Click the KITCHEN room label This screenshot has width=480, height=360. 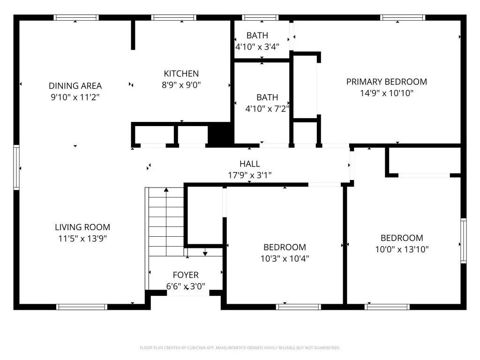[x=181, y=74]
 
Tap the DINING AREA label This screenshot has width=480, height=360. [x=75, y=86]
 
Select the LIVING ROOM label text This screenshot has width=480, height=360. [x=82, y=227]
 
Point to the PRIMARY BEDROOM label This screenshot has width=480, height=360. [x=387, y=82]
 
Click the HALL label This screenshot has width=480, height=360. [x=250, y=164]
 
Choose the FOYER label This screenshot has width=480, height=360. [x=186, y=275]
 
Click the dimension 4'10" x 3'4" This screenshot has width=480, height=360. [x=257, y=47]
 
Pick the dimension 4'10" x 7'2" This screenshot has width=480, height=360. [x=267, y=109]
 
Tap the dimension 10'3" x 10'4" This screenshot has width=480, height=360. [x=285, y=259]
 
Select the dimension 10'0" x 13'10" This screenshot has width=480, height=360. [x=402, y=249]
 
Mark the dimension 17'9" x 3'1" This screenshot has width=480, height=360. [x=250, y=175]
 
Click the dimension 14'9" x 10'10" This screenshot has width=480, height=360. [x=387, y=93]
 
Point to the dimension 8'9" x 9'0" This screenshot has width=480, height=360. [x=181, y=85]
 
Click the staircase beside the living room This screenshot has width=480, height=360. [x=166, y=222]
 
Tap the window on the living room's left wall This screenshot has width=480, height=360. [x=16, y=167]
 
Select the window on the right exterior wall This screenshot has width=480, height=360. [x=464, y=240]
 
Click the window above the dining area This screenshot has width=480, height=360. [x=76, y=17]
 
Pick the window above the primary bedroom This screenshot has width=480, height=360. [x=403, y=17]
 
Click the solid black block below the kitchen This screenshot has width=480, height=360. [x=220, y=134]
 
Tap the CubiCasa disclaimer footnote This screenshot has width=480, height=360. [x=240, y=348]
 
